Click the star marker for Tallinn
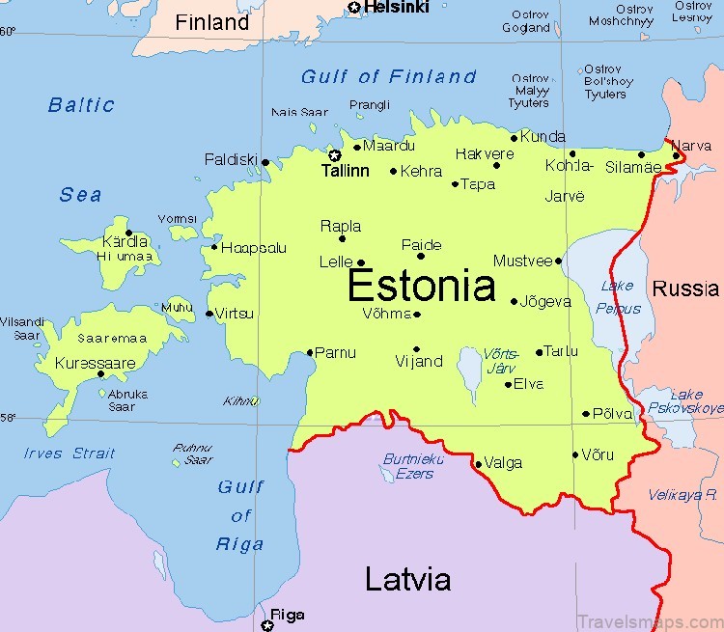pos(335,155)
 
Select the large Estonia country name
pos(421,286)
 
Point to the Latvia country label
pos(407,579)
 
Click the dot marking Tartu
pos(540,352)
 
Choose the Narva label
pos(691,145)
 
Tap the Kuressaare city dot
pos(101,373)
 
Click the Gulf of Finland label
pos(389,77)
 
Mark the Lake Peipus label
pos(619,297)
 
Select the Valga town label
pos(502,463)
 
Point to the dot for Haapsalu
pos(214,247)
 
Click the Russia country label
pos(685,288)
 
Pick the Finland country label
pos(211,22)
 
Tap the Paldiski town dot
pos(265,162)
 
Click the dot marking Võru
pos(575,454)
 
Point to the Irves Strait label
pos(70,453)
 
